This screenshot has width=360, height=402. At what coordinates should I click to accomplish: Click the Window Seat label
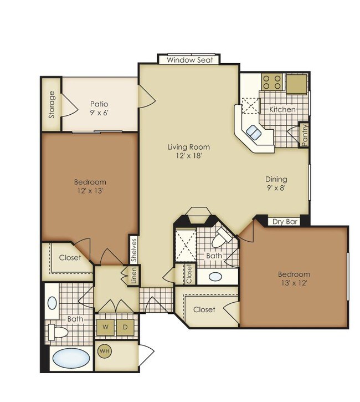pyautogui.click(x=190, y=60)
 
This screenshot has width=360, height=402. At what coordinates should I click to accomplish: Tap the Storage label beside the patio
pyautogui.click(x=52, y=105)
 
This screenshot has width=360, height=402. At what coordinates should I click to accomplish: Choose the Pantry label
pyautogui.click(x=305, y=135)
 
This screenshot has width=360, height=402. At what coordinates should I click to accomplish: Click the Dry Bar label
pyautogui.click(x=285, y=222)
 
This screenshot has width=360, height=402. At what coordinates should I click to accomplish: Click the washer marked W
pyautogui.click(x=105, y=327)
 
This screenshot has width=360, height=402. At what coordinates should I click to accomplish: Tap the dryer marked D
pyautogui.click(x=125, y=327)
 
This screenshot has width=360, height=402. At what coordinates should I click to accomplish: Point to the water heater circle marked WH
pyautogui.click(x=105, y=351)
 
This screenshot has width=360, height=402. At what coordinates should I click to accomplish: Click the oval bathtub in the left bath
pyautogui.click(x=71, y=359)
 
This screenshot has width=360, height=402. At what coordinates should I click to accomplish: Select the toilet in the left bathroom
pyautogui.click(x=58, y=332)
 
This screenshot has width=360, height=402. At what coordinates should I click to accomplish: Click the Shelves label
pyautogui.click(x=134, y=250)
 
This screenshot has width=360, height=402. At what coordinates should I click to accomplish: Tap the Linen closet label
pyautogui.click(x=134, y=276)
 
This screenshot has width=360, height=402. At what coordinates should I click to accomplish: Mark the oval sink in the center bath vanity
pyautogui.click(x=215, y=277)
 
